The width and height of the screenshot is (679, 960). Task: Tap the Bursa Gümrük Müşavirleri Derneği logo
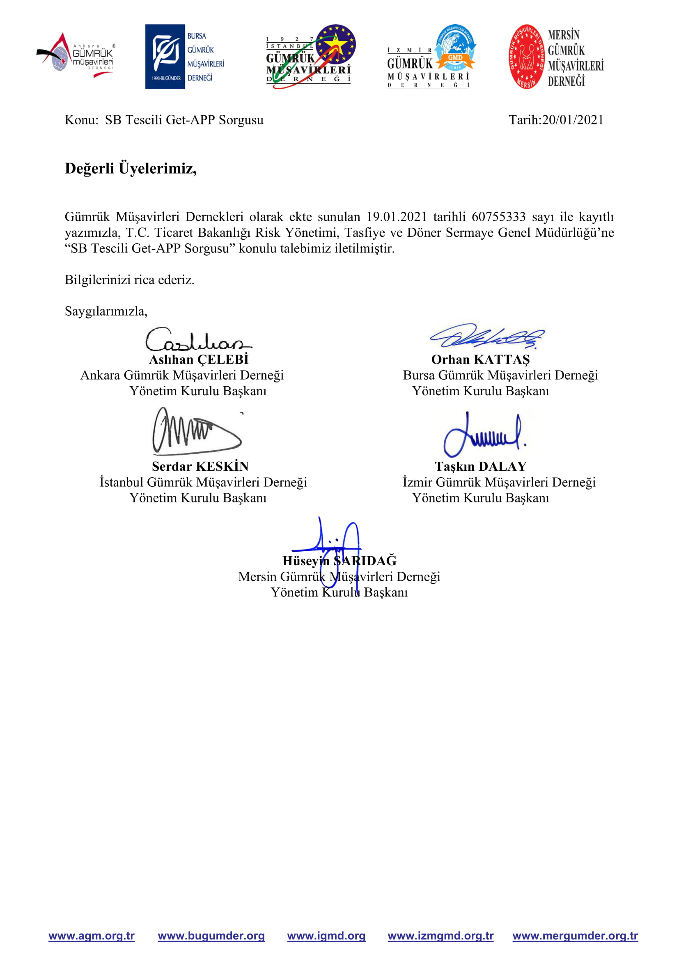pos(185,57)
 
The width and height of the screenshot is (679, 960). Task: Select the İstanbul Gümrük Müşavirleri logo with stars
pos(311,56)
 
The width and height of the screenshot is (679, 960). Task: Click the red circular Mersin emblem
pos(526,57)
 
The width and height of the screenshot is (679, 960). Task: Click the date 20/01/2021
pos(572,120)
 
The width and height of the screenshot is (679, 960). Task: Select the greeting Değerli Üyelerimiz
pos(131,168)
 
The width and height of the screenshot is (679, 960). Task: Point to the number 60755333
pos(498,217)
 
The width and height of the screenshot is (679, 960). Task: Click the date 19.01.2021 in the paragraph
pos(397,217)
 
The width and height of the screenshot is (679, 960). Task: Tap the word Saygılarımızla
pos(106,311)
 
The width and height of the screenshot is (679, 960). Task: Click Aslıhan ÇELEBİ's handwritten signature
pos(198,339)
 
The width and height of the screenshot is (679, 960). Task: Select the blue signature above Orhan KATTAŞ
pos(487,336)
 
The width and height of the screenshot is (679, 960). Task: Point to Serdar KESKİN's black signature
pos(197,431)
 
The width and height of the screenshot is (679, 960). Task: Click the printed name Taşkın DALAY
pos(480,466)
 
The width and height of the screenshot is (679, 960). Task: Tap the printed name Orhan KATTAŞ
pos(480,360)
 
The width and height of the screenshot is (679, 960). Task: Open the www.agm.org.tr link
pos(92,936)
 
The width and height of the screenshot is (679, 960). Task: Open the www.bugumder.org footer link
pos(211,936)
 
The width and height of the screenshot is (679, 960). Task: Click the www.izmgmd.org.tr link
pos(440,936)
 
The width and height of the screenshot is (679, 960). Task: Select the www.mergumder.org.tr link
pos(575,936)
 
